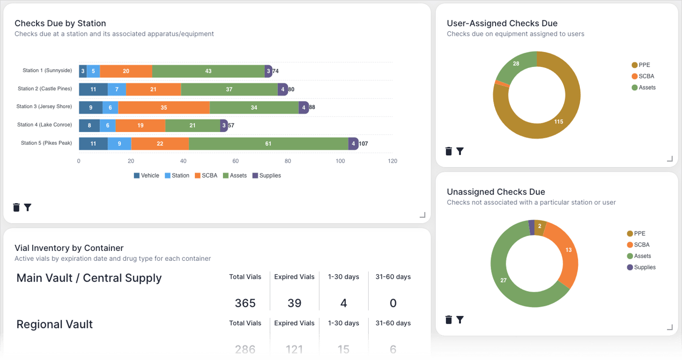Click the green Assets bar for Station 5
[x=268, y=143]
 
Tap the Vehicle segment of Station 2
[x=93, y=89]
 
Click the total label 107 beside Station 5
[x=363, y=144]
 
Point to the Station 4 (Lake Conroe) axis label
[x=45, y=125]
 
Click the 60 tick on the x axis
[x=235, y=161]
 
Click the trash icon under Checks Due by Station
[x=16, y=207]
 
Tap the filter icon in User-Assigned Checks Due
[x=460, y=151]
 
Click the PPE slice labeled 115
[x=559, y=122]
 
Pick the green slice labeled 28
[x=516, y=64]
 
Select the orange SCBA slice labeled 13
[x=568, y=250]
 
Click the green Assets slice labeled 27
[x=504, y=280]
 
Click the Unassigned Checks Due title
[x=496, y=192]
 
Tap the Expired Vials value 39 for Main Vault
[x=294, y=303]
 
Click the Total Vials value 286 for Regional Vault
[x=245, y=350]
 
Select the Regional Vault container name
[x=55, y=324]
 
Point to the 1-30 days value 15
[x=343, y=350]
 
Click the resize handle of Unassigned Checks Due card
[x=670, y=327]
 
